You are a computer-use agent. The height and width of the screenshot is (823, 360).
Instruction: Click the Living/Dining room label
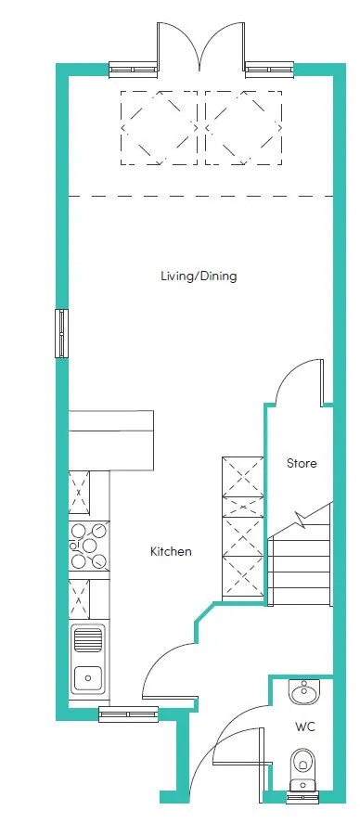click(199, 276)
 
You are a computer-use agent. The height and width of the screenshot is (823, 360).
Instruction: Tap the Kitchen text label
click(171, 552)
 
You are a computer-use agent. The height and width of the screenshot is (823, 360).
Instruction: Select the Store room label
click(302, 464)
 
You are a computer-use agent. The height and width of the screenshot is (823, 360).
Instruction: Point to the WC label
click(305, 727)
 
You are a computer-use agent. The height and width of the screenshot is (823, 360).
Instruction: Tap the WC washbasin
click(303, 693)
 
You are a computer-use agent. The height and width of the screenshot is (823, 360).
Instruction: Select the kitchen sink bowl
click(88, 677)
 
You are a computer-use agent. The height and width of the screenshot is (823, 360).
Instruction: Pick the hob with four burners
click(89, 546)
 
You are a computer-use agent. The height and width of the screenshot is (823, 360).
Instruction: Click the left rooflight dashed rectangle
click(159, 127)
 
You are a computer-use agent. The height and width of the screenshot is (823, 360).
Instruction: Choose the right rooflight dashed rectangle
click(243, 127)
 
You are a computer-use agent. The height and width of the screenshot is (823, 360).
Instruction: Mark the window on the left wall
click(62, 333)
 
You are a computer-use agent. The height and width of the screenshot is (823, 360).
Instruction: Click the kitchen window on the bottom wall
click(129, 714)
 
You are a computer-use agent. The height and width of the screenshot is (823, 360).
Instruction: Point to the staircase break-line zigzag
click(302, 521)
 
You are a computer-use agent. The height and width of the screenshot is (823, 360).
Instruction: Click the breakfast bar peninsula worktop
click(111, 441)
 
